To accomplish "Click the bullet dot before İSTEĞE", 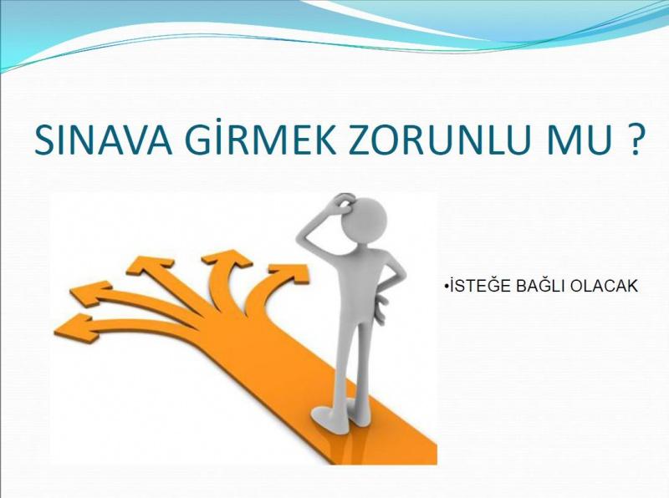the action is click(445, 286).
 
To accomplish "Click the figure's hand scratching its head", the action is click(344, 202).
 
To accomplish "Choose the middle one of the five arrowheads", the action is click(151, 266).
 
